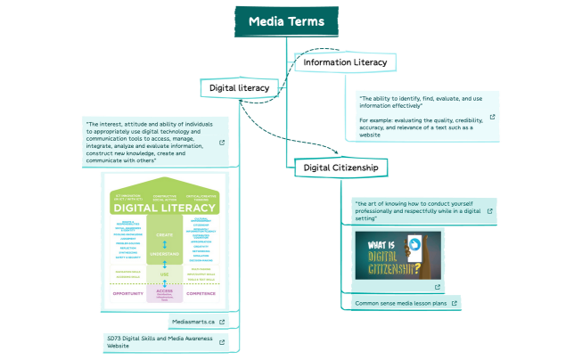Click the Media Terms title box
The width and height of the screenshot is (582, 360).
pyautogui.click(x=286, y=22)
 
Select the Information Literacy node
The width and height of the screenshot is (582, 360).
pyautogui.click(x=345, y=62)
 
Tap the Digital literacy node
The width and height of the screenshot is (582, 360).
pyautogui.click(x=240, y=87)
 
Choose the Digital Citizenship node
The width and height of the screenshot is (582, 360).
pyautogui.click(x=340, y=167)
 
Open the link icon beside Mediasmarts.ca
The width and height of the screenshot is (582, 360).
pyautogui.click(x=222, y=321)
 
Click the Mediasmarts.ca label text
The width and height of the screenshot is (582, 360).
pyautogui.click(x=192, y=321)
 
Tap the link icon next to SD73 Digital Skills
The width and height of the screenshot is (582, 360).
pyautogui.click(x=222, y=341)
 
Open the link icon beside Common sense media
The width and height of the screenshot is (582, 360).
pyautogui.click(x=455, y=303)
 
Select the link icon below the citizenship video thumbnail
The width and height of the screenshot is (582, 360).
pyautogui.click(x=438, y=287)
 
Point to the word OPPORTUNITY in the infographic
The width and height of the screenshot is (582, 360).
pyautogui.click(x=127, y=291)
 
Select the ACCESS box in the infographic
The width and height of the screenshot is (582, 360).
pyautogui.click(x=165, y=290)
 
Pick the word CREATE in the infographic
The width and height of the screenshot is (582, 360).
pyautogui.click(x=165, y=235)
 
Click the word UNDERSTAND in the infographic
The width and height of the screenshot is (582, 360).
pyautogui.click(x=165, y=254)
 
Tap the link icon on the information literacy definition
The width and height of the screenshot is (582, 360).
pyautogui.click(x=492, y=117)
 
